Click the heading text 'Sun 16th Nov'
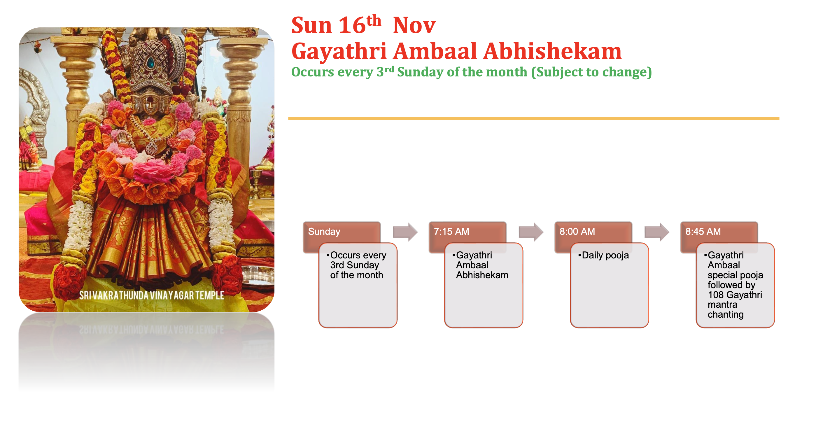[x=363, y=25]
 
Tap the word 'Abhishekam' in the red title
[x=552, y=51]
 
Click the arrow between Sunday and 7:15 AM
[x=405, y=232]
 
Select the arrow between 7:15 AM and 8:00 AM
[x=530, y=232]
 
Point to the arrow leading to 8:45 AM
[x=656, y=232]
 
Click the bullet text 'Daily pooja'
[x=605, y=256]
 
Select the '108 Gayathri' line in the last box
[x=735, y=295]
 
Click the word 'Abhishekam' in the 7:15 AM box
[x=482, y=275]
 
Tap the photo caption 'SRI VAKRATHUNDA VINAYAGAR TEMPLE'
[x=151, y=295]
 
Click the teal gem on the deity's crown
[x=151, y=63]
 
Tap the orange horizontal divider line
[x=533, y=118]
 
